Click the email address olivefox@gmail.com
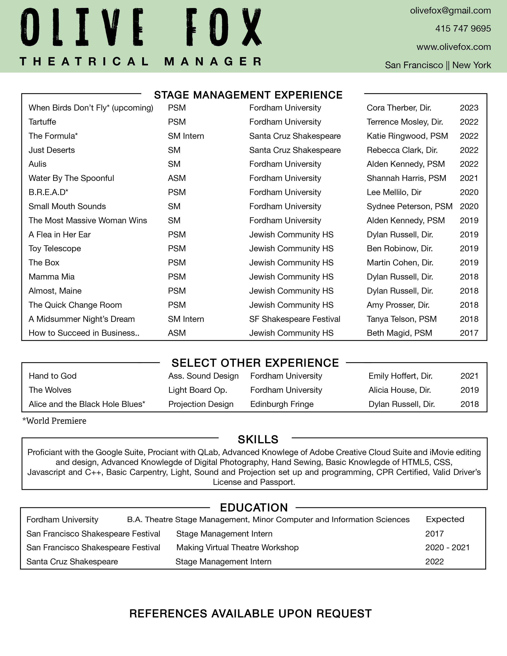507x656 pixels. pos(450,11)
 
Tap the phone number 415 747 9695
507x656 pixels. pos(463,29)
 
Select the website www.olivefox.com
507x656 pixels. pos(454,47)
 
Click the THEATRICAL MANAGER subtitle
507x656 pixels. pos(141,62)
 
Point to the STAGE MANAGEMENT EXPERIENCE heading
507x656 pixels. pos(248,95)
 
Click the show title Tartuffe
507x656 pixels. pos(42,122)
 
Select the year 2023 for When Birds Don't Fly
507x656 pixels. pos(469,108)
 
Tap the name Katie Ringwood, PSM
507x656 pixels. pos(407,136)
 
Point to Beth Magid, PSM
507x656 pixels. pos(399,333)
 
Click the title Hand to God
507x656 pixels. pos(52,376)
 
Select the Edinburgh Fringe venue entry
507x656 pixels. pos(282,404)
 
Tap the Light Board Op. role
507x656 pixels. pos(198,390)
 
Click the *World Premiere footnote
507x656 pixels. pos(54,421)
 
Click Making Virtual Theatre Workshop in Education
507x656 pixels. pos(237,548)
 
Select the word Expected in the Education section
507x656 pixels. pos(445,519)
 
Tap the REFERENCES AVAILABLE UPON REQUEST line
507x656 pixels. pos(251,614)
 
